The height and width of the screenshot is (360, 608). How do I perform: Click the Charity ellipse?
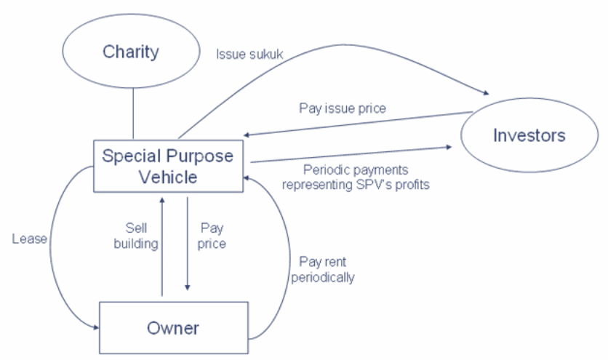click(x=131, y=52)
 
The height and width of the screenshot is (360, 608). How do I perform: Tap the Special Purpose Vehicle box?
click(x=169, y=167)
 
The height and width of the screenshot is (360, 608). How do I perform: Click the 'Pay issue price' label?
click(x=342, y=108)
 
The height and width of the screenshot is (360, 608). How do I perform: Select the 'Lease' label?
click(x=29, y=238)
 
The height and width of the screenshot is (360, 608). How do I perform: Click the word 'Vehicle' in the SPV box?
click(x=168, y=177)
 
